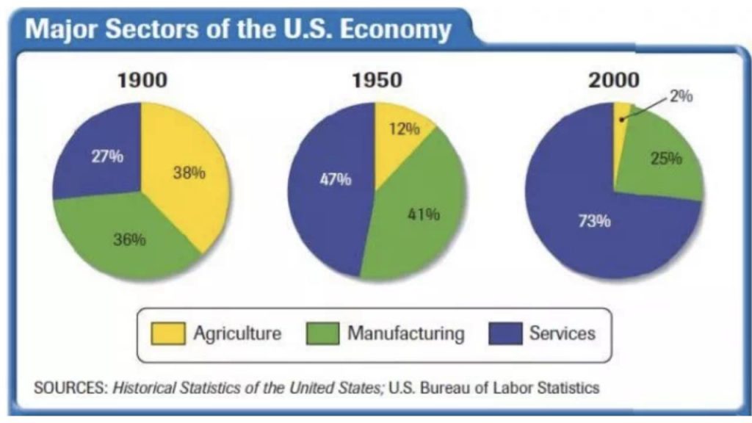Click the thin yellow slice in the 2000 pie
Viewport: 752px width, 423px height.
(x=621, y=112)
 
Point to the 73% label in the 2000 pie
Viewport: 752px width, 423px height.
(x=594, y=221)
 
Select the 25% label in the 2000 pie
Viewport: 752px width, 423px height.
(x=667, y=158)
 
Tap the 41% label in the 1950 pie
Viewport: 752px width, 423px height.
(x=423, y=214)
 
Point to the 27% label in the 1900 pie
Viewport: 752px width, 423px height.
(x=107, y=157)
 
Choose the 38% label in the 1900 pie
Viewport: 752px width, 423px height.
(x=189, y=173)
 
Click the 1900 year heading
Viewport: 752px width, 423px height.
(x=142, y=80)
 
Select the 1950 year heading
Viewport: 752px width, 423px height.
(x=377, y=80)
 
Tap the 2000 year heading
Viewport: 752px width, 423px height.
(x=614, y=80)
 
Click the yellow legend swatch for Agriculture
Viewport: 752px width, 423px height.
(x=168, y=333)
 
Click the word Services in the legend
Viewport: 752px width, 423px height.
(x=562, y=333)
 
